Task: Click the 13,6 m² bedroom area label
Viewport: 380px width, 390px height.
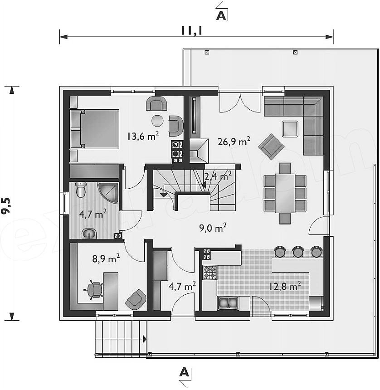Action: (x=143, y=136)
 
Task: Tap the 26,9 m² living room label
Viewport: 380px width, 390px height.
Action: (x=234, y=141)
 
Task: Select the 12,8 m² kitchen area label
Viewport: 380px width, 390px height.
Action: (x=285, y=286)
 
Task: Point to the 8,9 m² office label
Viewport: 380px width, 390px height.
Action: (x=106, y=258)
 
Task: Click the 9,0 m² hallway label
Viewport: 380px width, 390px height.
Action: (x=213, y=228)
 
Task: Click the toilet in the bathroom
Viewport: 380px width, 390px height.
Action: (x=81, y=189)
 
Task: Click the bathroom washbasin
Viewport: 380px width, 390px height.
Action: (x=89, y=234)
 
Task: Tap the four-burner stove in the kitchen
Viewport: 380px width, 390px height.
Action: (x=210, y=272)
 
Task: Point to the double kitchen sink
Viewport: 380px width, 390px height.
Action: (x=228, y=303)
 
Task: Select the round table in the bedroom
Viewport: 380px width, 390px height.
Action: (x=157, y=121)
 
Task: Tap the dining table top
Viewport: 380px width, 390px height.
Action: (x=285, y=193)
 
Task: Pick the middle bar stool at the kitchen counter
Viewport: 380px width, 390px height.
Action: (x=298, y=252)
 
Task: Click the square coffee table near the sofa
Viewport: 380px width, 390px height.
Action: (x=290, y=129)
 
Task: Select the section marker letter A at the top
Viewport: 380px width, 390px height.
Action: (x=221, y=15)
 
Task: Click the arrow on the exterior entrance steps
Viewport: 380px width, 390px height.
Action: (x=145, y=339)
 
